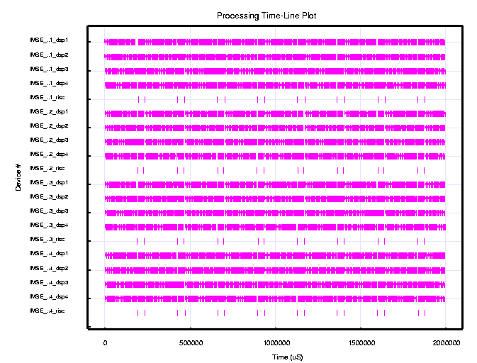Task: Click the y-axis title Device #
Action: (x=18, y=177)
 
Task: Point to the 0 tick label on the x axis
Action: (x=105, y=342)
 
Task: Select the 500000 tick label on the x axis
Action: (x=190, y=342)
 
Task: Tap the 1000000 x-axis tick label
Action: (x=275, y=342)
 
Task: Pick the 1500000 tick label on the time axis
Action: (x=361, y=342)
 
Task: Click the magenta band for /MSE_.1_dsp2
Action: (x=275, y=57)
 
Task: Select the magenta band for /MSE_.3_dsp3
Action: (x=275, y=213)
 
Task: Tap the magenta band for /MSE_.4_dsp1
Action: (x=275, y=255)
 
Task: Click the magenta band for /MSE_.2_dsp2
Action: (x=275, y=128)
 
